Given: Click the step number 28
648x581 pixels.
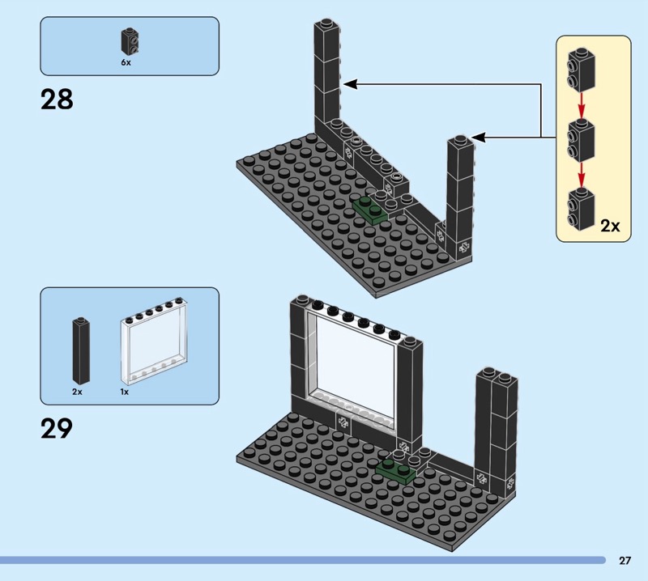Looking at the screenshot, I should (x=56, y=100).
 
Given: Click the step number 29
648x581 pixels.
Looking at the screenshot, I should (x=56, y=427).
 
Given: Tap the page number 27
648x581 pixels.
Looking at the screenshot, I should (x=625, y=560).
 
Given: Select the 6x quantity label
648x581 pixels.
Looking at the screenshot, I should (x=126, y=61).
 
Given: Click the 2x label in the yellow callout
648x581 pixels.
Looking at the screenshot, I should (x=610, y=226).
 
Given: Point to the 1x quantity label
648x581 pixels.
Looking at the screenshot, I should (x=125, y=392).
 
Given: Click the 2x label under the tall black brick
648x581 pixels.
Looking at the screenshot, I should (x=77, y=392).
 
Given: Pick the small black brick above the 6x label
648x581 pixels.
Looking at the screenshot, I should (x=128, y=40).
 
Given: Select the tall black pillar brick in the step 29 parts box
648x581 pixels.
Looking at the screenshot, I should (x=79, y=350).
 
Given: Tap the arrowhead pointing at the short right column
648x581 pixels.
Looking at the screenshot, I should (x=478, y=138).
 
